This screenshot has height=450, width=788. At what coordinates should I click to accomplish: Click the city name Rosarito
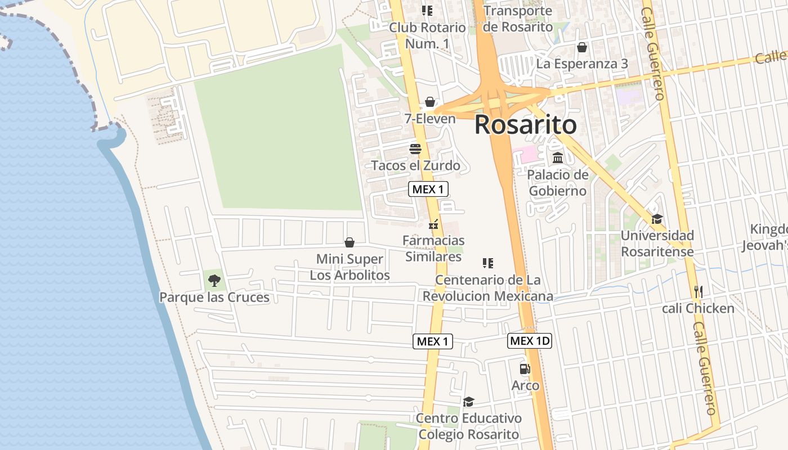coord(525,125)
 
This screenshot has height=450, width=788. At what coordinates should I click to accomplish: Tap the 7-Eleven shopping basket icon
coord(430,102)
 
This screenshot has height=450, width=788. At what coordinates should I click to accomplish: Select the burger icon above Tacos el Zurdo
coord(415,149)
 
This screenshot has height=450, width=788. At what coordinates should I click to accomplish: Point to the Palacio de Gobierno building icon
coord(558,158)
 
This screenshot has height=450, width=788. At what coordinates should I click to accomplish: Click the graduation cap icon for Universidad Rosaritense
coord(657,219)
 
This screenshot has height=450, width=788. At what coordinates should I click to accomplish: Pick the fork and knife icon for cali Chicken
coord(699,291)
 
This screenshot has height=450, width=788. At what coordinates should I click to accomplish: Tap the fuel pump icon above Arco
coord(525,369)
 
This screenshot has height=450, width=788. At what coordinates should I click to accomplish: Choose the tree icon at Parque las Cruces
coord(214,280)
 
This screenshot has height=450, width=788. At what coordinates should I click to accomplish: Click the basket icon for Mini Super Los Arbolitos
coord(350,242)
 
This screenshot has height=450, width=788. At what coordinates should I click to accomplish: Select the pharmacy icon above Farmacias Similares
coord(433,224)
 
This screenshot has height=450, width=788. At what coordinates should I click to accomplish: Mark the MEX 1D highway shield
coord(529,340)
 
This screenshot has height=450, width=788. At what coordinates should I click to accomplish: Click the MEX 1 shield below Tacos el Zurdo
coord(428,189)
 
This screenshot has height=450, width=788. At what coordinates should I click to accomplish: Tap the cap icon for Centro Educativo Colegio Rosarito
coord(468,402)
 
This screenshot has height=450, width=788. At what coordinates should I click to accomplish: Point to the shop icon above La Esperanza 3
coord(581,47)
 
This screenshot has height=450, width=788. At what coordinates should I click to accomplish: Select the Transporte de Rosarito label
coord(518,19)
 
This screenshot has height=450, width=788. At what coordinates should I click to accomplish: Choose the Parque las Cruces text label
coord(214,297)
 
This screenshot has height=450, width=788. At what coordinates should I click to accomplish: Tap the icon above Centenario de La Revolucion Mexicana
coord(488,263)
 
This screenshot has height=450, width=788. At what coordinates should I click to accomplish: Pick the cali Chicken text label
coord(698,308)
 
